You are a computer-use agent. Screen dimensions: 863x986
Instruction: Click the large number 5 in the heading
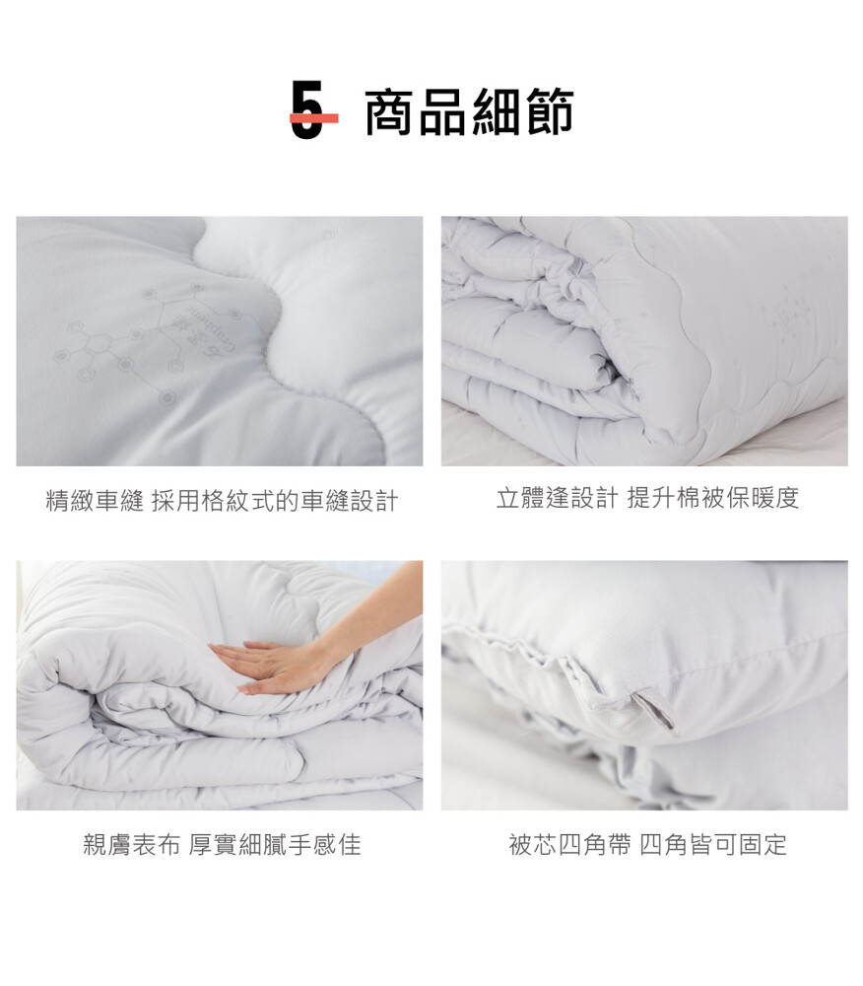point(307,109)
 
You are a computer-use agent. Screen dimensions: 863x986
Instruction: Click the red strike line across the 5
point(313,117)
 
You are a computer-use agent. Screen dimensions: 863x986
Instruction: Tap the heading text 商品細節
point(469,112)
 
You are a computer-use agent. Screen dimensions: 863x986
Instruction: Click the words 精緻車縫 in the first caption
point(95,501)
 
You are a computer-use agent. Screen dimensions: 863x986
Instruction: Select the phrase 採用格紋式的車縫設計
point(275,501)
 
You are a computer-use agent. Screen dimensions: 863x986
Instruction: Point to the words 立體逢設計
point(558,497)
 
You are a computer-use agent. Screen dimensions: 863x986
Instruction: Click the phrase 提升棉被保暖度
point(713,497)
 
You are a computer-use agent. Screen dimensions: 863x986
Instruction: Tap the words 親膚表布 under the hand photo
point(132,845)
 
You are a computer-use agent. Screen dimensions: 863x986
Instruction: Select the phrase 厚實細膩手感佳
point(275,845)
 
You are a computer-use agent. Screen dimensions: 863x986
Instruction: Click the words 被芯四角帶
point(569,845)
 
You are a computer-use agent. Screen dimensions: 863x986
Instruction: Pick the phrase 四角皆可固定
point(713,845)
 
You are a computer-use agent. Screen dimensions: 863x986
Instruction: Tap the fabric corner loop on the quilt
point(654,711)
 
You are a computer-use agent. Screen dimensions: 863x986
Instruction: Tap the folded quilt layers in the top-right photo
point(534,339)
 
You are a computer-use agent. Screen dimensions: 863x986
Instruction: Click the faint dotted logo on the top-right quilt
point(785,320)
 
